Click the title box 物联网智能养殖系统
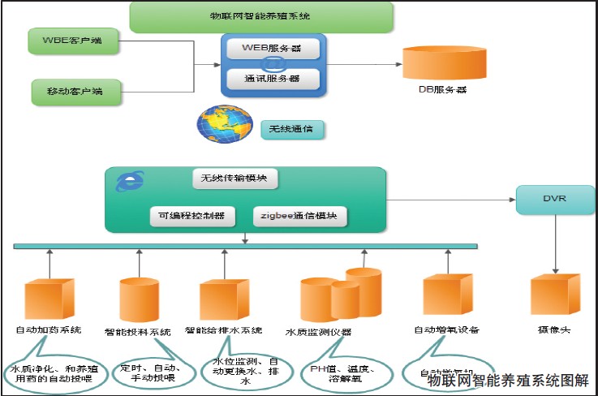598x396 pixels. coord(261,16)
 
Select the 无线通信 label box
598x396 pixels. coord(291,129)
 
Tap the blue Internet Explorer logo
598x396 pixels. coord(127,182)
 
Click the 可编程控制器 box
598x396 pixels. coord(191,217)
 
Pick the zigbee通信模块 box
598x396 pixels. coord(300,217)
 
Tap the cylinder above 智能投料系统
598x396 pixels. coord(139,301)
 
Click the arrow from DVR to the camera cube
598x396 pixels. coord(555,243)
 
